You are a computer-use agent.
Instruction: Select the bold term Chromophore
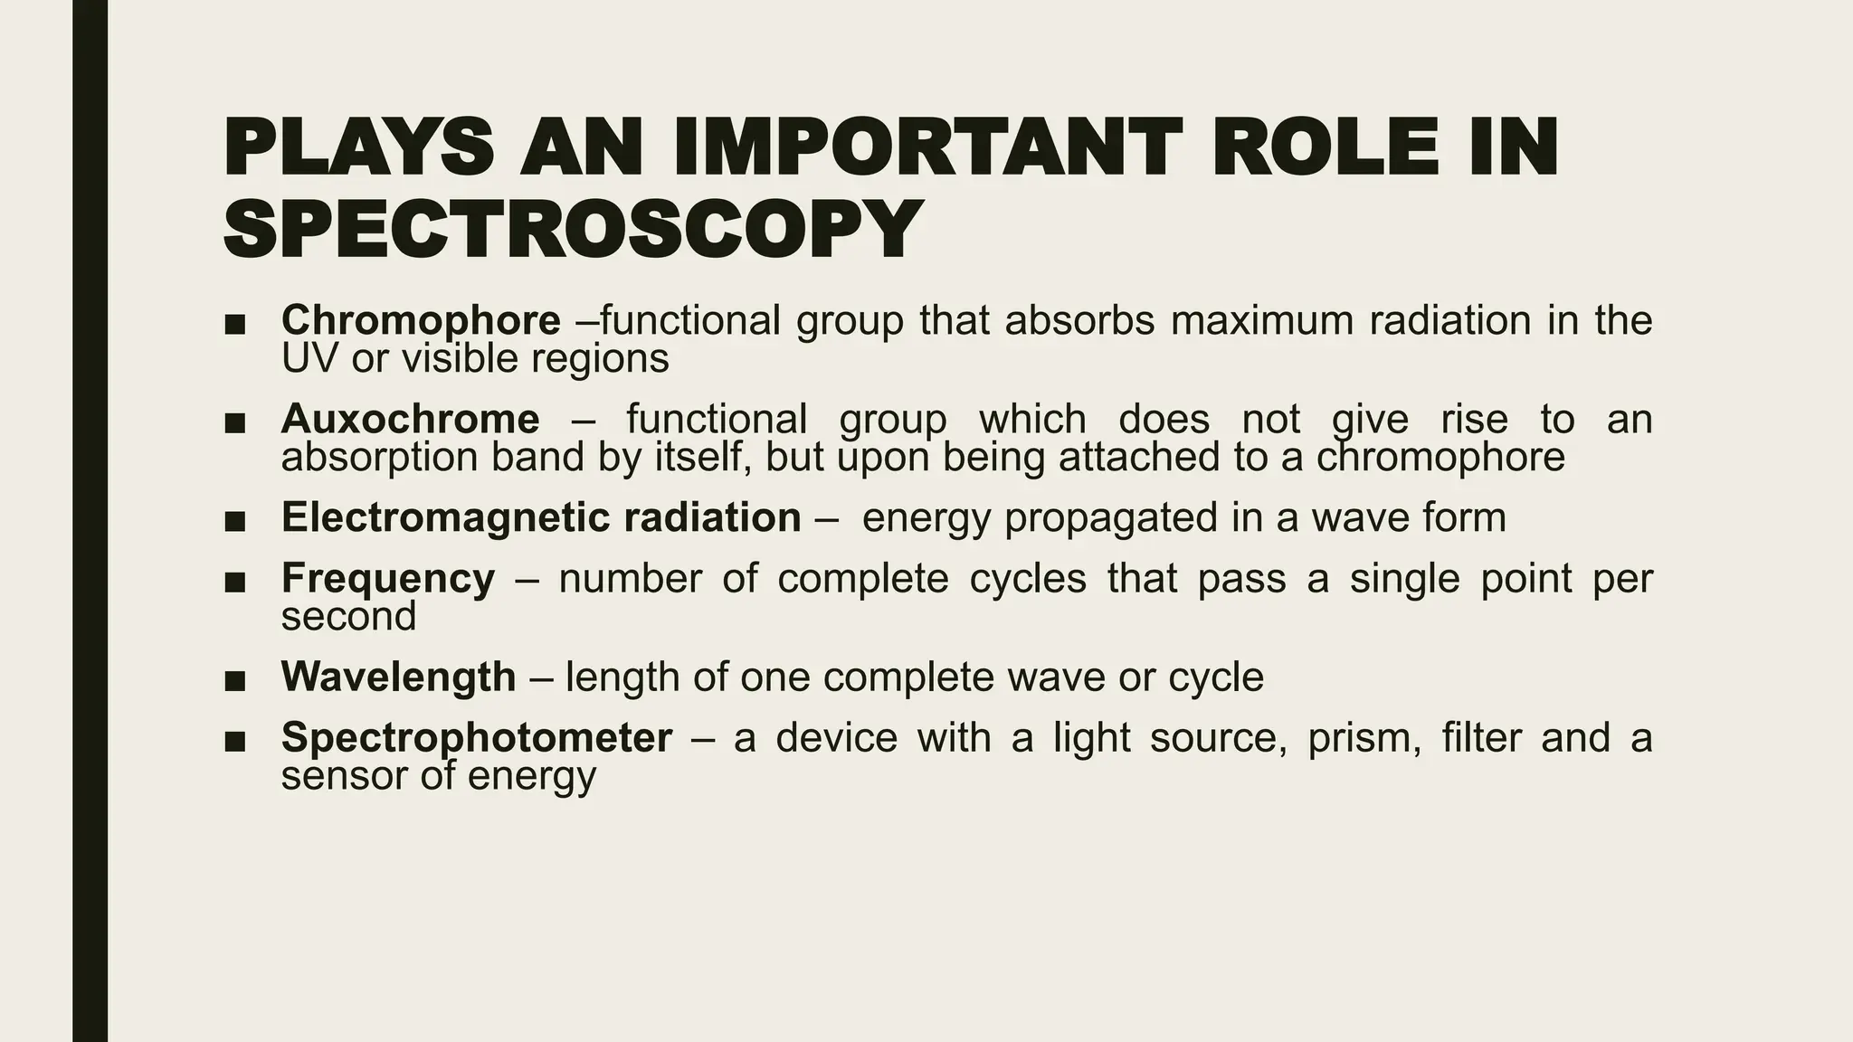pos(421,320)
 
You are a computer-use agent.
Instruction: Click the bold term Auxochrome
pos(410,419)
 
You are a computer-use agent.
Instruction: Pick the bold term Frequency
pos(388,579)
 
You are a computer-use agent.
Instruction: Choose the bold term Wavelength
pos(398,677)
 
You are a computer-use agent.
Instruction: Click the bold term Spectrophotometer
pos(477,737)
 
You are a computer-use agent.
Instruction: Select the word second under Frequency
pos(348,618)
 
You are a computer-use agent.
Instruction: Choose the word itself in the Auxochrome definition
pos(700,458)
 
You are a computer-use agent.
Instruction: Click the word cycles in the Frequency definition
pos(1028,579)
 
